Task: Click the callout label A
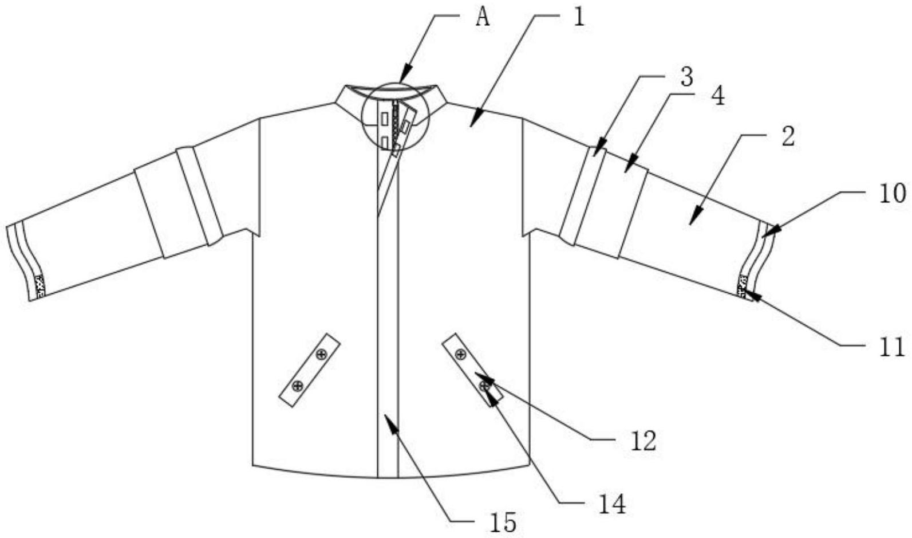point(483,18)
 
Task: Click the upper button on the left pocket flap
point(321,354)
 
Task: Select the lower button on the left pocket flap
point(297,386)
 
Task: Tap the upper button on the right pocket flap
point(460,355)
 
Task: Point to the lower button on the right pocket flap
point(485,387)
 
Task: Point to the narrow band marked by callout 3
point(581,195)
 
